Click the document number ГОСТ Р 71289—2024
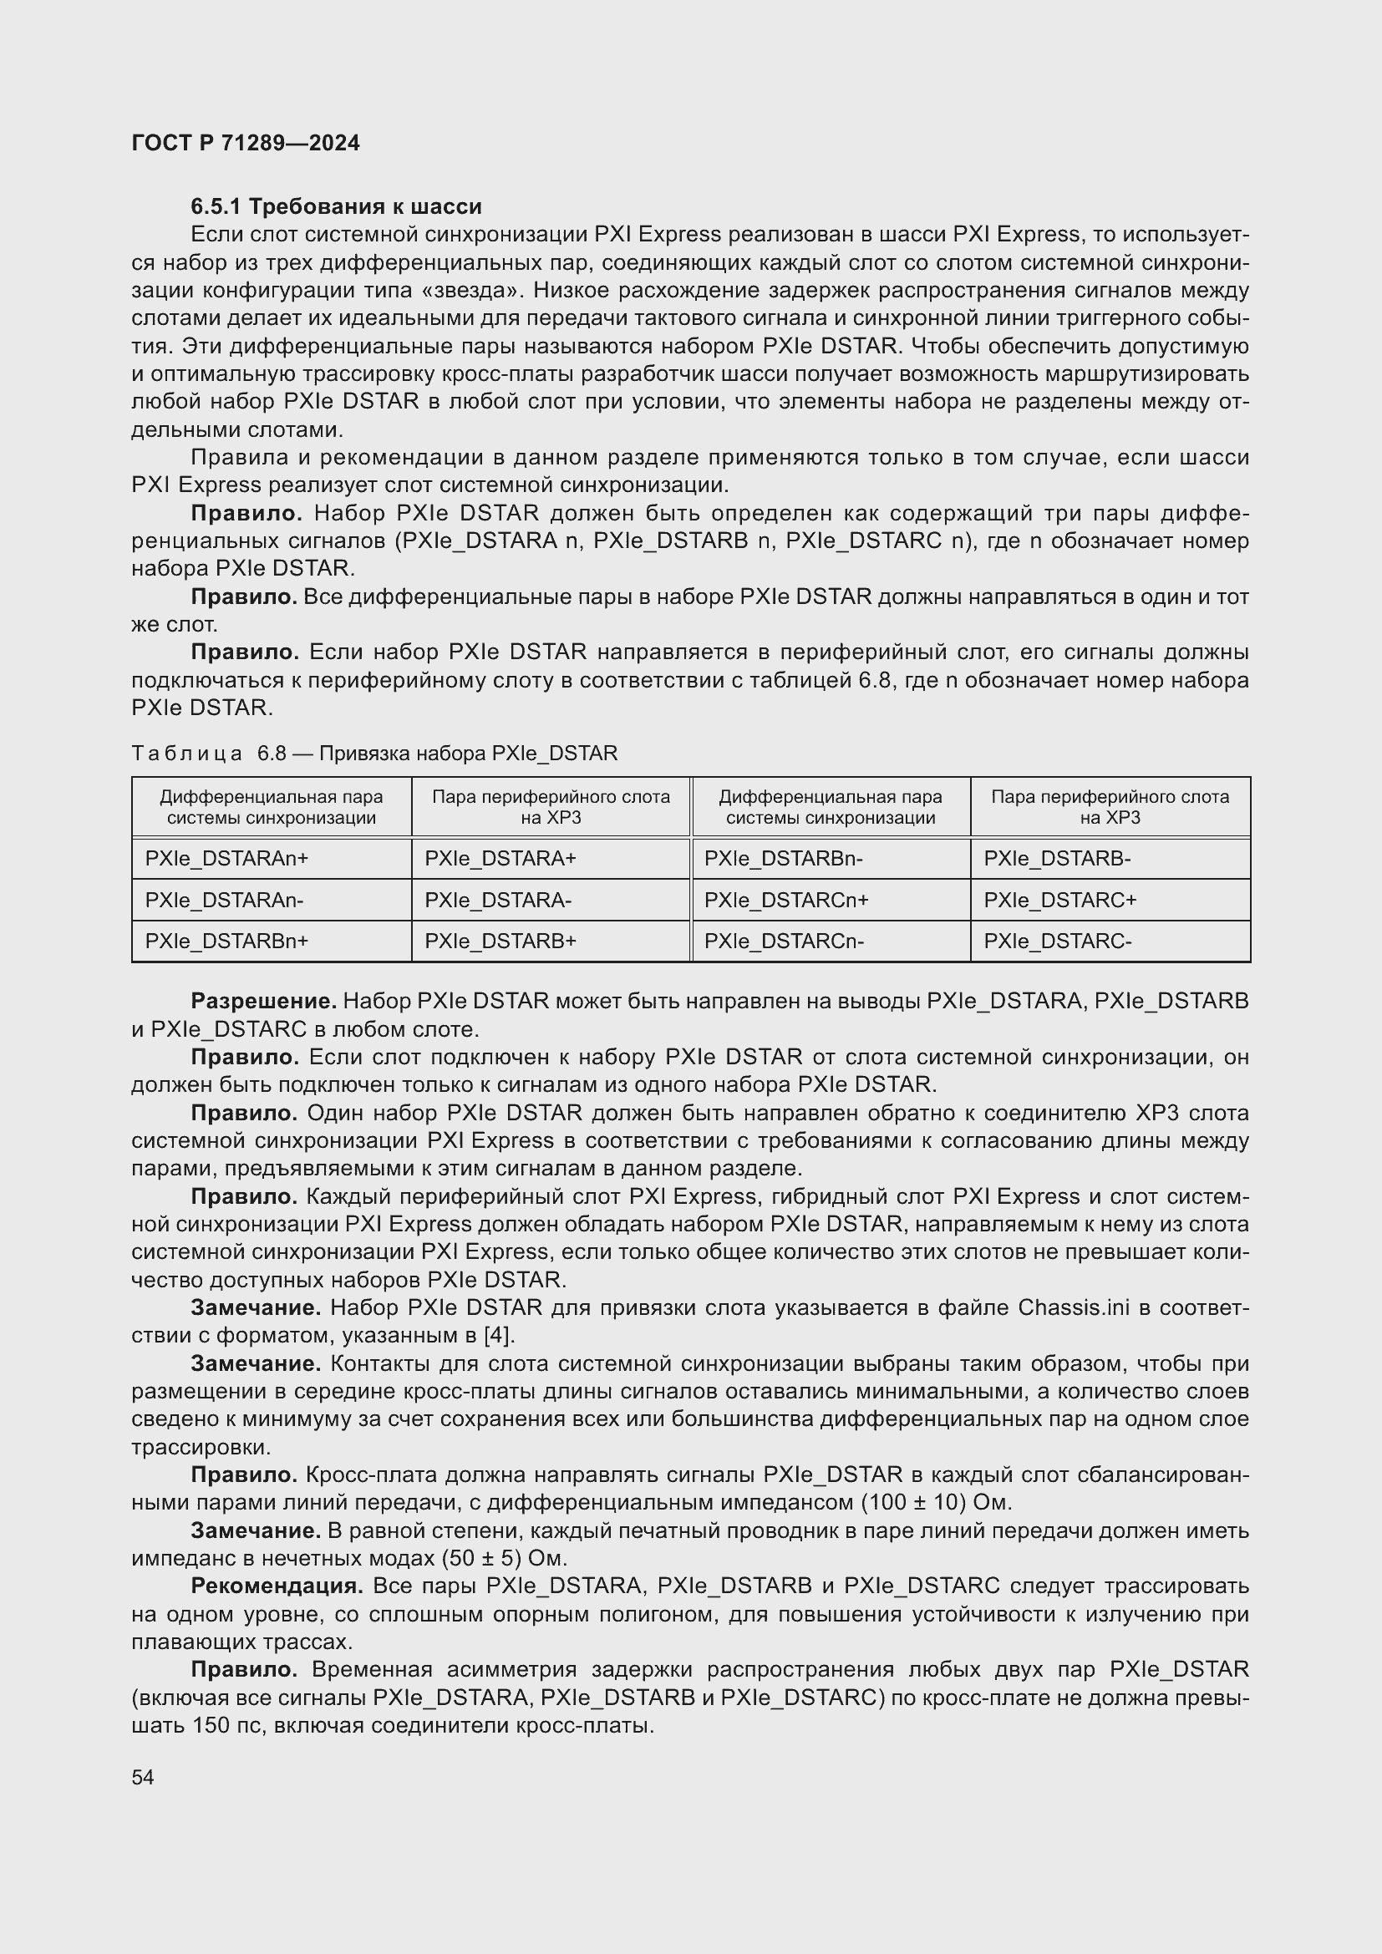pyautogui.click(x=246, y=143)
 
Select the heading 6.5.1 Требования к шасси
pyautogui.click(x=336, y=207)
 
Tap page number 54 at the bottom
pyautogui.click(x=143, y=1777)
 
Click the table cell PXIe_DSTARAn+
pyautogui.click(x=226, y=859)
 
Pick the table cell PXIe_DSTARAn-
pyautogui.click(x=224, y=901)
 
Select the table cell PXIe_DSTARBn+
pyautogui.click(x=226, y=941)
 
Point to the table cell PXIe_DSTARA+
pyautogui.click(x=500, y=859)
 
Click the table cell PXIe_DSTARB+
pyautogui.click(x=500, y=941)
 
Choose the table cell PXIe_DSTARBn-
pyautogui.click(x=783, y=859)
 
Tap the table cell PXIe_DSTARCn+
pyautogui.click(x=786, y=901)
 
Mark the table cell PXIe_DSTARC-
pyautogui.click(x=1058, y=941)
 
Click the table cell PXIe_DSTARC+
pyautogui.click(x=1060, y=901)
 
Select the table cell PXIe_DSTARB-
pyautogui.click(x=1057, y=859)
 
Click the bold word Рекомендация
pyautogui.click(x=277, y=1586)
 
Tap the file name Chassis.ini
pyautogui.click(x=1073, y=1307)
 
